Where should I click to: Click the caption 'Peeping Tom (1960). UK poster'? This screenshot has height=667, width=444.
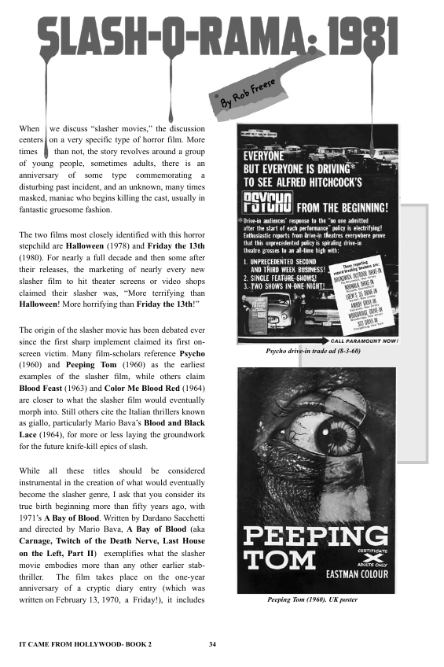313,600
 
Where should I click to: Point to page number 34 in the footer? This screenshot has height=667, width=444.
212,645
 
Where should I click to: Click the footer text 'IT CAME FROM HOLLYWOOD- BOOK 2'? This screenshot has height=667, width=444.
85,645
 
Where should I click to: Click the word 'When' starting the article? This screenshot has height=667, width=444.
29,127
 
